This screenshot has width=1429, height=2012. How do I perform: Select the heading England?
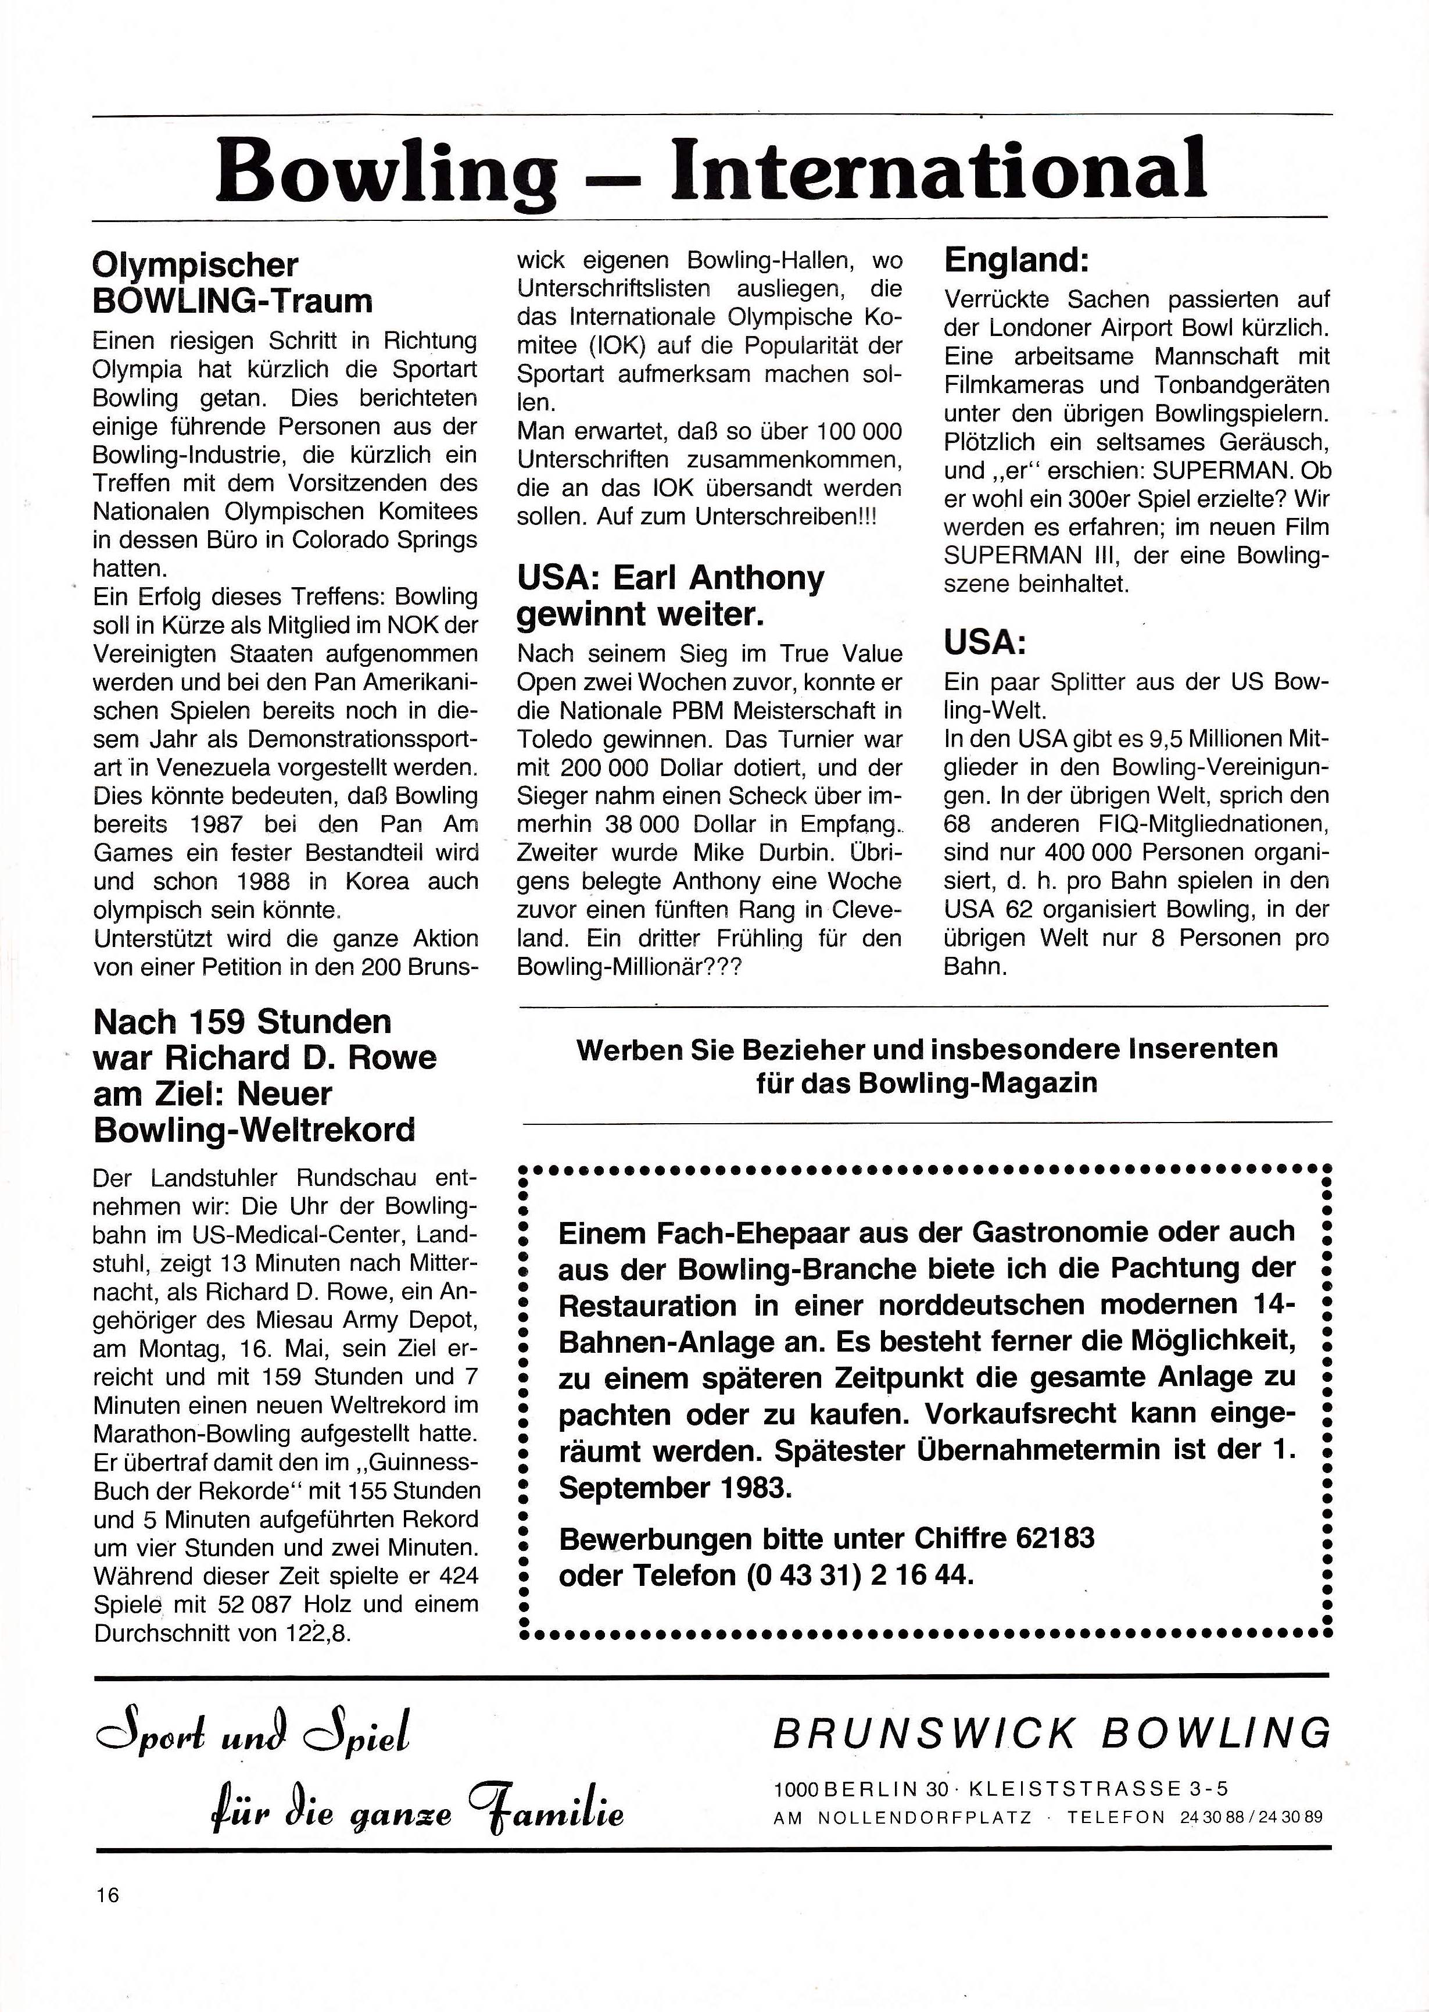click(1016, 260)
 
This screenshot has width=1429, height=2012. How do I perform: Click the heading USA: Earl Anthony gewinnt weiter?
click(671, 596)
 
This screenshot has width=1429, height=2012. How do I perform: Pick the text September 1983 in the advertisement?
click(671, 1488)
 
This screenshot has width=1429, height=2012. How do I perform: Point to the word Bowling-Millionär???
click(629, 966)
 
